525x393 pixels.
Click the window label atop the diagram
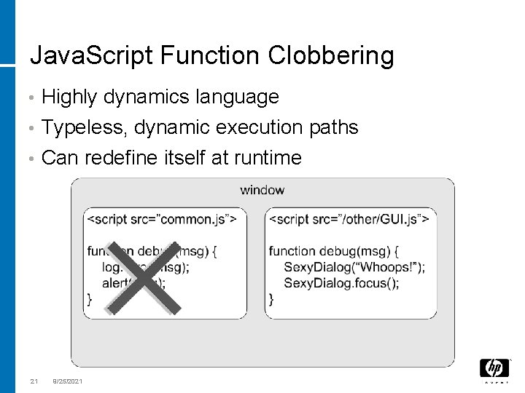(x=262, y=191)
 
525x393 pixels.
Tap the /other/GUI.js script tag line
(x=349, y=218)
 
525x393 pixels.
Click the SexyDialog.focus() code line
(x=341, y=283)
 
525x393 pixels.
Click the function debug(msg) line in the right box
(x=334, y=251)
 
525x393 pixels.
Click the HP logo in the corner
(x=494, y=369)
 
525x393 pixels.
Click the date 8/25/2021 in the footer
(x=68, y=381)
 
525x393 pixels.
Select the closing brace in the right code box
(x=271, y=298)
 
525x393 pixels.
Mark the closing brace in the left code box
(x=90, y=298)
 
